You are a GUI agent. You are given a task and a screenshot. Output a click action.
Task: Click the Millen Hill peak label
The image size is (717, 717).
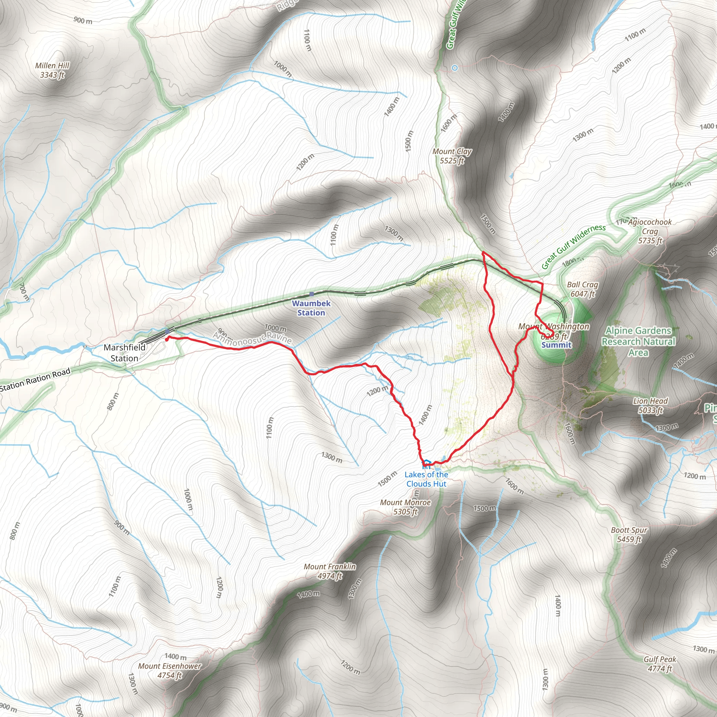coord(52,70)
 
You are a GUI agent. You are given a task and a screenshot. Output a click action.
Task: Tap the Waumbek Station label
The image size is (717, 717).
coord(311,308)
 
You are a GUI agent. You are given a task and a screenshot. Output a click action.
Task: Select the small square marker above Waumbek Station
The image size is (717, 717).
coord(311,294)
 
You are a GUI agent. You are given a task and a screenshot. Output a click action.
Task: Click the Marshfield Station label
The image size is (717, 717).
coord(124,353)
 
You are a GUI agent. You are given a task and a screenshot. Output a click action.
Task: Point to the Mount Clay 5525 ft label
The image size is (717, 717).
coord(452,156)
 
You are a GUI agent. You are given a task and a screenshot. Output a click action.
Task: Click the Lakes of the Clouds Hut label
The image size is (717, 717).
coord(426,479)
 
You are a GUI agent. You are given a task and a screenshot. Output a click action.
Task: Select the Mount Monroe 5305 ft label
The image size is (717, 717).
coord(405,507)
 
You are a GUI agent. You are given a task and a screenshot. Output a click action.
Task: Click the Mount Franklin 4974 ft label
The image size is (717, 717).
coord(329,571)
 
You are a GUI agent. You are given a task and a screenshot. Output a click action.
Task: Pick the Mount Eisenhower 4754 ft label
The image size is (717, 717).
coord(169,670)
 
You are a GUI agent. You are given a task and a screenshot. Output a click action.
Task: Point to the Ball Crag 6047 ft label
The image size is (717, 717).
coord(582,289)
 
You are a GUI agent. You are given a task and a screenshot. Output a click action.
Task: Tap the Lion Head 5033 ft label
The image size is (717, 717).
coord(650,406)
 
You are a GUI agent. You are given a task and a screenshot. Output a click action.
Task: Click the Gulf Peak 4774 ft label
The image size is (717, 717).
coord(660,664)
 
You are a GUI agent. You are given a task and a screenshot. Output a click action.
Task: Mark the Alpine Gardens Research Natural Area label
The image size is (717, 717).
coord(638,341)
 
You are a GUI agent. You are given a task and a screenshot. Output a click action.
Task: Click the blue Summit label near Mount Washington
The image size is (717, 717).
coord(556,345)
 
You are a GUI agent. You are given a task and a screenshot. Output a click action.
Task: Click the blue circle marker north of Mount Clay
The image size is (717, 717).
coord(455,68)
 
